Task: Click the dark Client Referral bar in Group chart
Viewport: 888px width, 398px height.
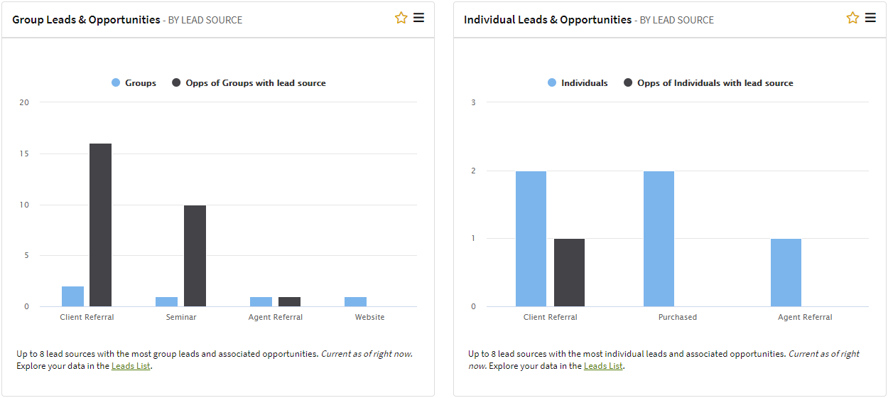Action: point(100,225)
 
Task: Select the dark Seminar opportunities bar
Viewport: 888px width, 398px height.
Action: point(195,256)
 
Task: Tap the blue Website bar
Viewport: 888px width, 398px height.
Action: point(355,302)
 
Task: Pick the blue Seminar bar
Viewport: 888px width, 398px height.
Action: point(166,302)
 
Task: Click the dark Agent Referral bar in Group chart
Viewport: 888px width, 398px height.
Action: point(289,302)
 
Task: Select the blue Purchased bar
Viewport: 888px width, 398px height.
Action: point(659,239)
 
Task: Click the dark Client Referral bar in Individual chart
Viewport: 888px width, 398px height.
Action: point(569,273)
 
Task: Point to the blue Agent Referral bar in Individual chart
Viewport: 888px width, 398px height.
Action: point(786,273)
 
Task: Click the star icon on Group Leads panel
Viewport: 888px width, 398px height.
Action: point(401,18)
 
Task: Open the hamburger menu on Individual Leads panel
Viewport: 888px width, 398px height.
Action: point(870,18)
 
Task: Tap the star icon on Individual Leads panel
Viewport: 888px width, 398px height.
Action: point(852,18)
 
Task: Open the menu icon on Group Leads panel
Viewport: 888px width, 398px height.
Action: point(418,18)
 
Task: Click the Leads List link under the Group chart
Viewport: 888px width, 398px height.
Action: point(131,367)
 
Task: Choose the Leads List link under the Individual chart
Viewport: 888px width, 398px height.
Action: point(603,366)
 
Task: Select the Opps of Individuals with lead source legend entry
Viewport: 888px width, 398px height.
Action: point(715,83)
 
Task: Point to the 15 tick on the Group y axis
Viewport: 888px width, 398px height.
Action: point(25,154)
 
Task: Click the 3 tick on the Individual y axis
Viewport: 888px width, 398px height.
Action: point(473,102)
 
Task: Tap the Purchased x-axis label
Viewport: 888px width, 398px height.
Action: point(677,317)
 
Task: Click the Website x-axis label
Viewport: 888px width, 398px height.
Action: point(369,317)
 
